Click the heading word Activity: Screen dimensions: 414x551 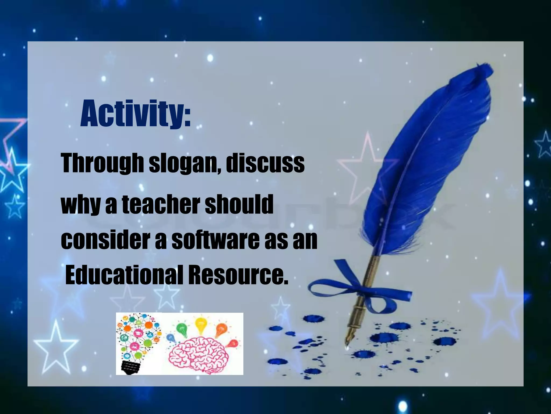[x=135, y=113]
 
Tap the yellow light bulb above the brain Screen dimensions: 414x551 [x=200, y=326]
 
